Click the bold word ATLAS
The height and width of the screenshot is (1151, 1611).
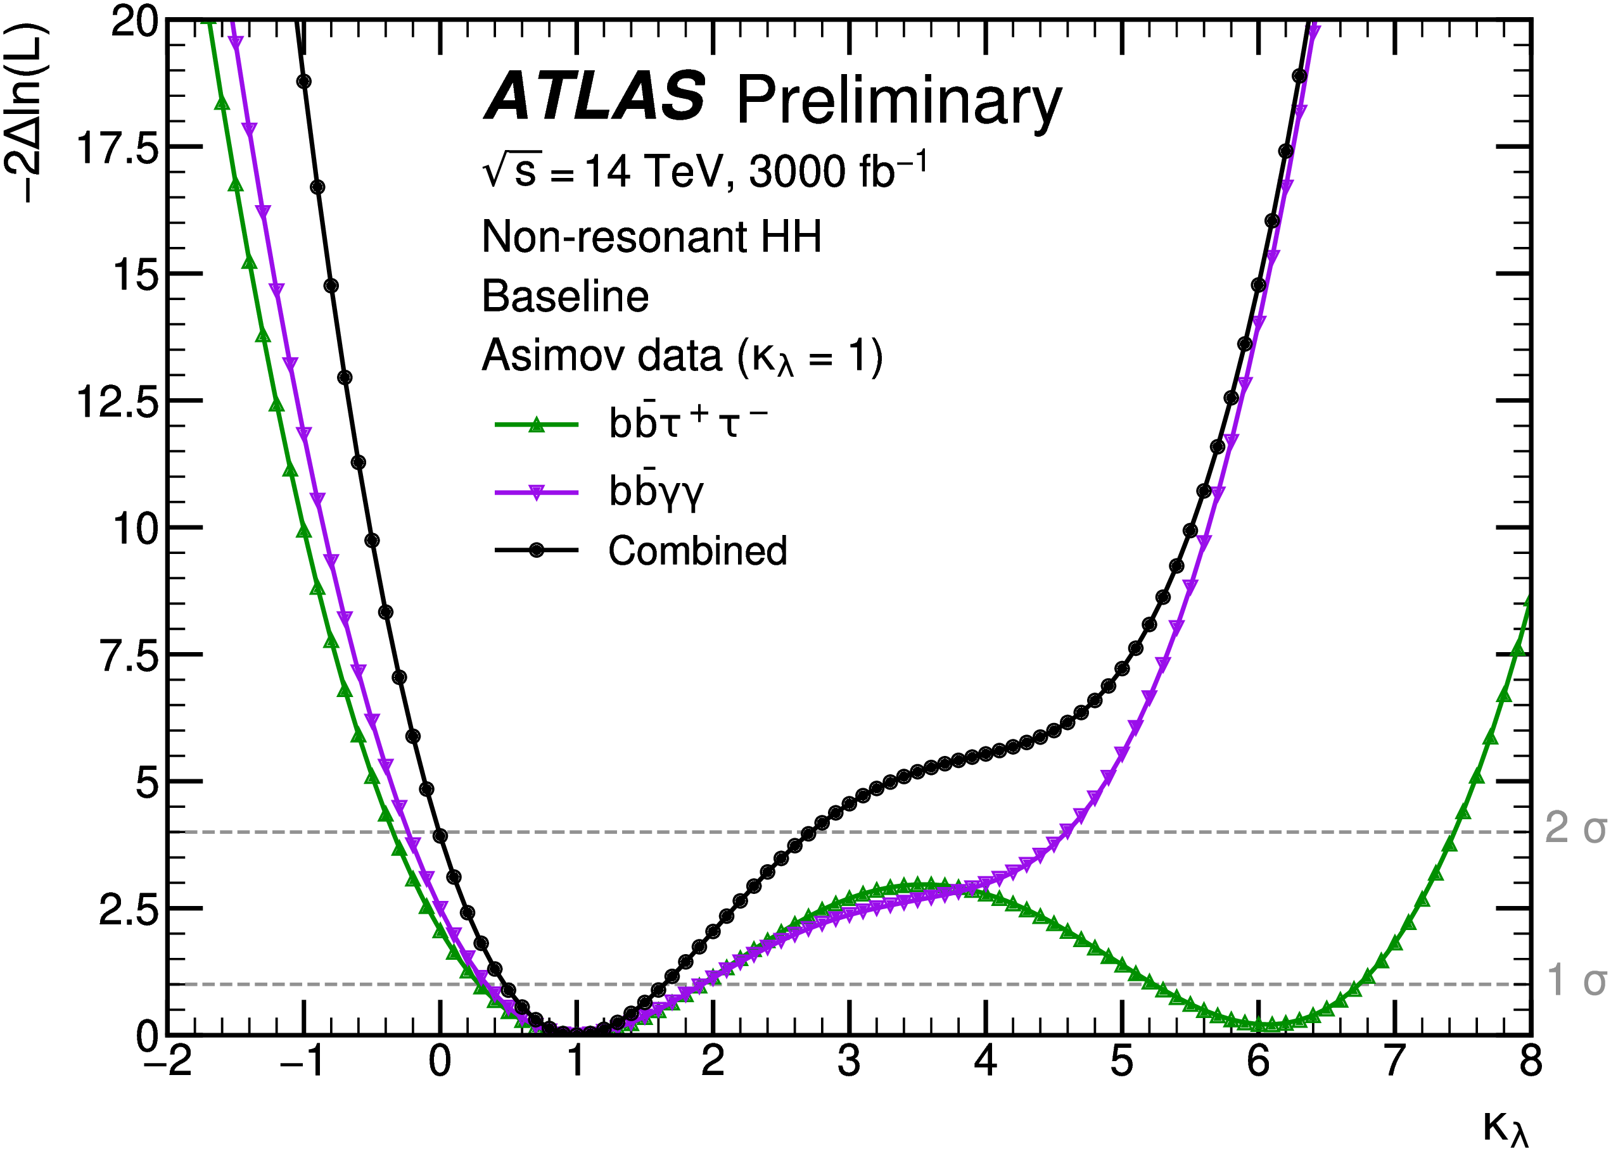pyautogui.click(x=594, y=96)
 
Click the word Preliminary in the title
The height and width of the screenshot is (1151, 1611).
pyautogui.click(x=898, y=101)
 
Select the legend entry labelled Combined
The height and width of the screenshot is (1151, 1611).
pyautogui.click(x=697, y=551)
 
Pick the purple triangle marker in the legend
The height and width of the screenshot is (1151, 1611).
pyautogui.click(x=537, y=493)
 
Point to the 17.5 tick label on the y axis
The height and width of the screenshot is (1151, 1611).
pyautogui.click(x=118, y=149)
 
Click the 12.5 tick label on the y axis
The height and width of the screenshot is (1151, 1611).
pyautogui.click(x=118, y=403)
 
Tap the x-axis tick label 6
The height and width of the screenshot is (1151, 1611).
pyautogui.click(x=1258, y=1061)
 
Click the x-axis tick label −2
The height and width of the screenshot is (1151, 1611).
pyautogui.click(x=168, y=1061)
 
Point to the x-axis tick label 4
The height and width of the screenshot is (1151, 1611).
pyautogui.click(x=986, y=1061)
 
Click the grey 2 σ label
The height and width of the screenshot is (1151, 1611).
pyautogui.click(x=1576, y=827)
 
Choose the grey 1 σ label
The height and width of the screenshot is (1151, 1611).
pyautogui.click(x=1576, y=980)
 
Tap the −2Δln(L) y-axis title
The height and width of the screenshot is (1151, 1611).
pyautogui.click(x=27, y=113)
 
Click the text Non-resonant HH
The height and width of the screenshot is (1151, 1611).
pyautogui.click(x=651, y=237)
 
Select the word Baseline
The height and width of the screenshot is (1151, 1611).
pyautogui.click(x=565, y=296)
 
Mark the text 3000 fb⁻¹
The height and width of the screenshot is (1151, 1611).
pyautogui.click(x=837, y=172)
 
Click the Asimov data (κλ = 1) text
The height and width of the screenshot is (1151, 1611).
pyautogui.click(x=682, y=356)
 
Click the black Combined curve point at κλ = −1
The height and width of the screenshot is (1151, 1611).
pyautogui.click(x=303, y=82)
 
